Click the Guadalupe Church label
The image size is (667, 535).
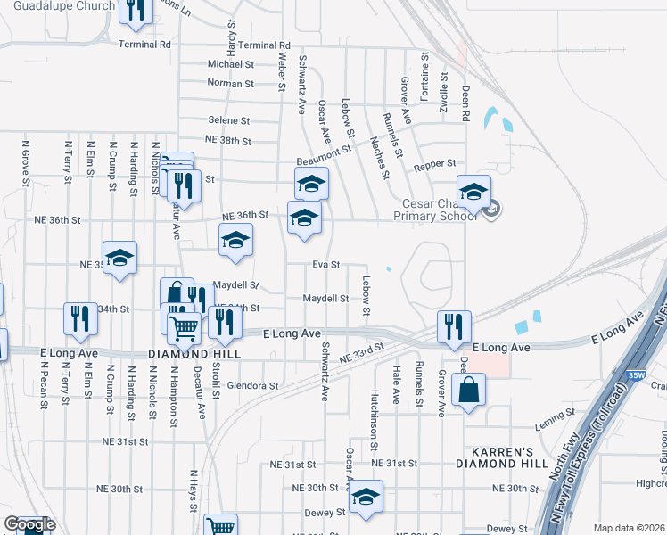(x=63, y=5)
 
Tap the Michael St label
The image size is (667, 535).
(x=231, y=64)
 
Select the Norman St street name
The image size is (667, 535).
(x=231, y=84)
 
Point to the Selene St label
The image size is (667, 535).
(x=229, y=120)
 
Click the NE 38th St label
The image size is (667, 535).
(x=228, y=141)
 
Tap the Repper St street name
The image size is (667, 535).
(x=435, y=164)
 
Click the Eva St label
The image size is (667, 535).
(x=326, y=265)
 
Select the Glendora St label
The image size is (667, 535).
(x=253, y=386)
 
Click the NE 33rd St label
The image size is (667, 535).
(x=362, y=353)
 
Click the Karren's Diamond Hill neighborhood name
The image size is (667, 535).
(x=498, y=457)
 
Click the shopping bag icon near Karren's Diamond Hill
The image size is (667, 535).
(x=469, y=390)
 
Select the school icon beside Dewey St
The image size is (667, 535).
(x=365, y=498)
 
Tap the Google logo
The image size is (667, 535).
(x=30, y=525)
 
